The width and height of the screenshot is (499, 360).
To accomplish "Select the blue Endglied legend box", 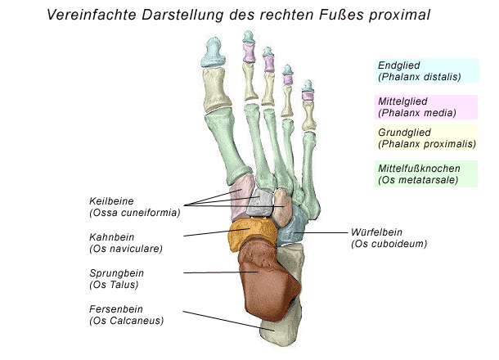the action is tap(427, 70).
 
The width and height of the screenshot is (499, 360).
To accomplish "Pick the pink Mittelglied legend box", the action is tap(426, 107).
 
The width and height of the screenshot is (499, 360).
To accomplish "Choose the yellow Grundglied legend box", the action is tap(426, 137).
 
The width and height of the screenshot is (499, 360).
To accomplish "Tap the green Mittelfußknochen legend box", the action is tap(426, 173).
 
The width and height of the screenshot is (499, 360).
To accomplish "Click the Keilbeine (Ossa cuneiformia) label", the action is tap(135, 207).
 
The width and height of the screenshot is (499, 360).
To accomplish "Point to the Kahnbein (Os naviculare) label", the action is tap(126, 243).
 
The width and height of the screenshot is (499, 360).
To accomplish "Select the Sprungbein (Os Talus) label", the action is tap(116, 279).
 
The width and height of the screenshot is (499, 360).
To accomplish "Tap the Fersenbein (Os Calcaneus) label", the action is tap(126, 315).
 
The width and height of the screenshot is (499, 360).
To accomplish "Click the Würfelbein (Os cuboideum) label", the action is tap(389, 238).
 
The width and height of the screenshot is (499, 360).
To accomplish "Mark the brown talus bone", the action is tap(267, 280).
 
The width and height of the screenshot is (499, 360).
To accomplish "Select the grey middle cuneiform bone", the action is tap(259, 203).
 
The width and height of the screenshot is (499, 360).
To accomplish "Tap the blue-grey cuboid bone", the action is tap(291, 226).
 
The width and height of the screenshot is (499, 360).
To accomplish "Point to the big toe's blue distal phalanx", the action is tap(213, 52).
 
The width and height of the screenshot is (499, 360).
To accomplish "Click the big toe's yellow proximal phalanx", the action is tap(217, 89).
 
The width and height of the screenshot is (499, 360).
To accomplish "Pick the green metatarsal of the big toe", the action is tap(227, 145).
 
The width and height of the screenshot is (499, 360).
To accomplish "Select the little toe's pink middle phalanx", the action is tap(308, 95).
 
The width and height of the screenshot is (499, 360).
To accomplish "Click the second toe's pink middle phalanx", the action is tap(249, 53).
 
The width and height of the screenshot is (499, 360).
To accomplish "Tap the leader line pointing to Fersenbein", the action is tap(228, 321).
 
